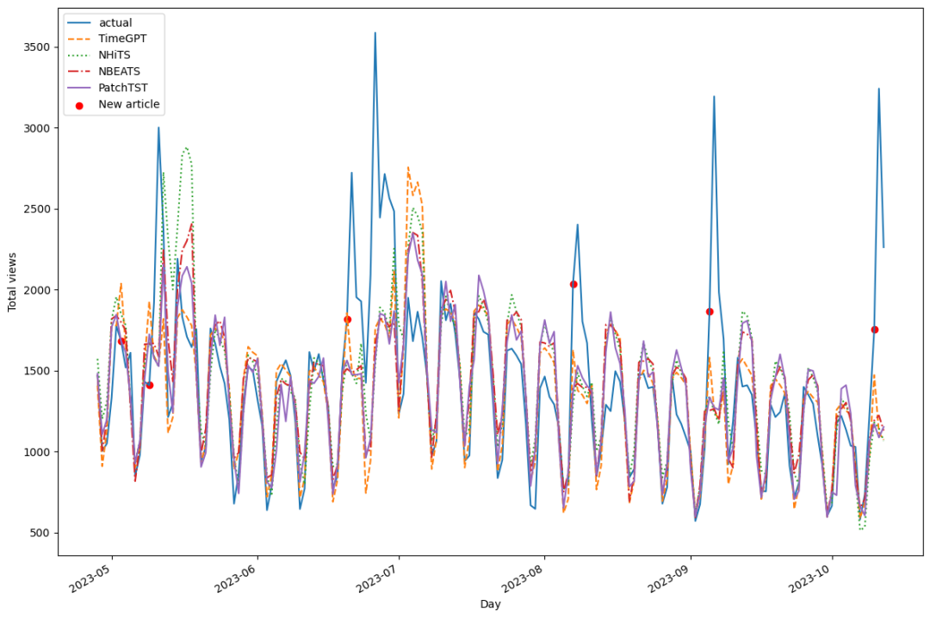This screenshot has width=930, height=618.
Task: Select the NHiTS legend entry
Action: tap(115, 55)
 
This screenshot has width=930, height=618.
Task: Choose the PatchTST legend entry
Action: tap(121, 88)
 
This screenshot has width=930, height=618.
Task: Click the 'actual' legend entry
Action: tap(115, 22)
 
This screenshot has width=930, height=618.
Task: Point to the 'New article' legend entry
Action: tap(128, 104)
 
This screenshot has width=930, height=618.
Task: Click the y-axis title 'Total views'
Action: tap(12, 281)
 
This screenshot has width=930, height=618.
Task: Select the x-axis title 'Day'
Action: tap(490, 604)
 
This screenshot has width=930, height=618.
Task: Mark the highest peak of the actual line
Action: tap(375, 33)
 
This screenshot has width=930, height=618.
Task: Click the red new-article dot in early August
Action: tap(573, 284)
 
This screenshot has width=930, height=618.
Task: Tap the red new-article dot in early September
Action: tap(710, 312)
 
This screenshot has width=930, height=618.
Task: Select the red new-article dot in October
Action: tap(874, 330)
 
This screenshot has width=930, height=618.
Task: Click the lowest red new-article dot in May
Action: tap(150, 385)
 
